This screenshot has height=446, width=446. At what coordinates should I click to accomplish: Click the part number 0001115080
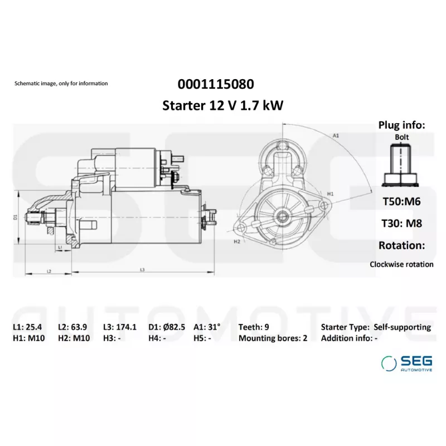click(x=216, y=84)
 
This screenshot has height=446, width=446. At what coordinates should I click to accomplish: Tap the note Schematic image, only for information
click(x=61, y=84)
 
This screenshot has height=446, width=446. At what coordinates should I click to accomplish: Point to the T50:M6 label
click(x=401, y=202)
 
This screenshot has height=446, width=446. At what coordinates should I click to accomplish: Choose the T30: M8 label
click(x=401, y=224)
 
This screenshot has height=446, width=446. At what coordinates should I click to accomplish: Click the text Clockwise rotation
click(x=401, y=264)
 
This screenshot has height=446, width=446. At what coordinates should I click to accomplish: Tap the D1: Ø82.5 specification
click(x=167, y=327)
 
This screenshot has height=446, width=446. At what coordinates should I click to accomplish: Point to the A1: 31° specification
click(x=207, y=327)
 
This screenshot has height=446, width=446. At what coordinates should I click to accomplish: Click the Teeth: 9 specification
click(x=255, y=327)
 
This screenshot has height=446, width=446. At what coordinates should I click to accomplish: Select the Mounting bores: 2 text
click(x=273, y=338)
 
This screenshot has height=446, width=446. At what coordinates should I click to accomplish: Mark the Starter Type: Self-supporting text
click(x=376, y=327)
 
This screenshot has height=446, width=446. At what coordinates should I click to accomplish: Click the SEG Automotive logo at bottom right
click(x=406, y=363)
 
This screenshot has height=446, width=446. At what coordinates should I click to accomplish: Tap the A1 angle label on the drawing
click(x=336, y=135)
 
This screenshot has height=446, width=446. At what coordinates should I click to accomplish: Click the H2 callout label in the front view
click(x=237, y=241)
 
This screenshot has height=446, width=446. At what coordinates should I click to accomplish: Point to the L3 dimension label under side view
click(x=142, y=270)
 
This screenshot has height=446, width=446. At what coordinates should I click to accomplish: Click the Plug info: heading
click(x=401, y=125)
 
